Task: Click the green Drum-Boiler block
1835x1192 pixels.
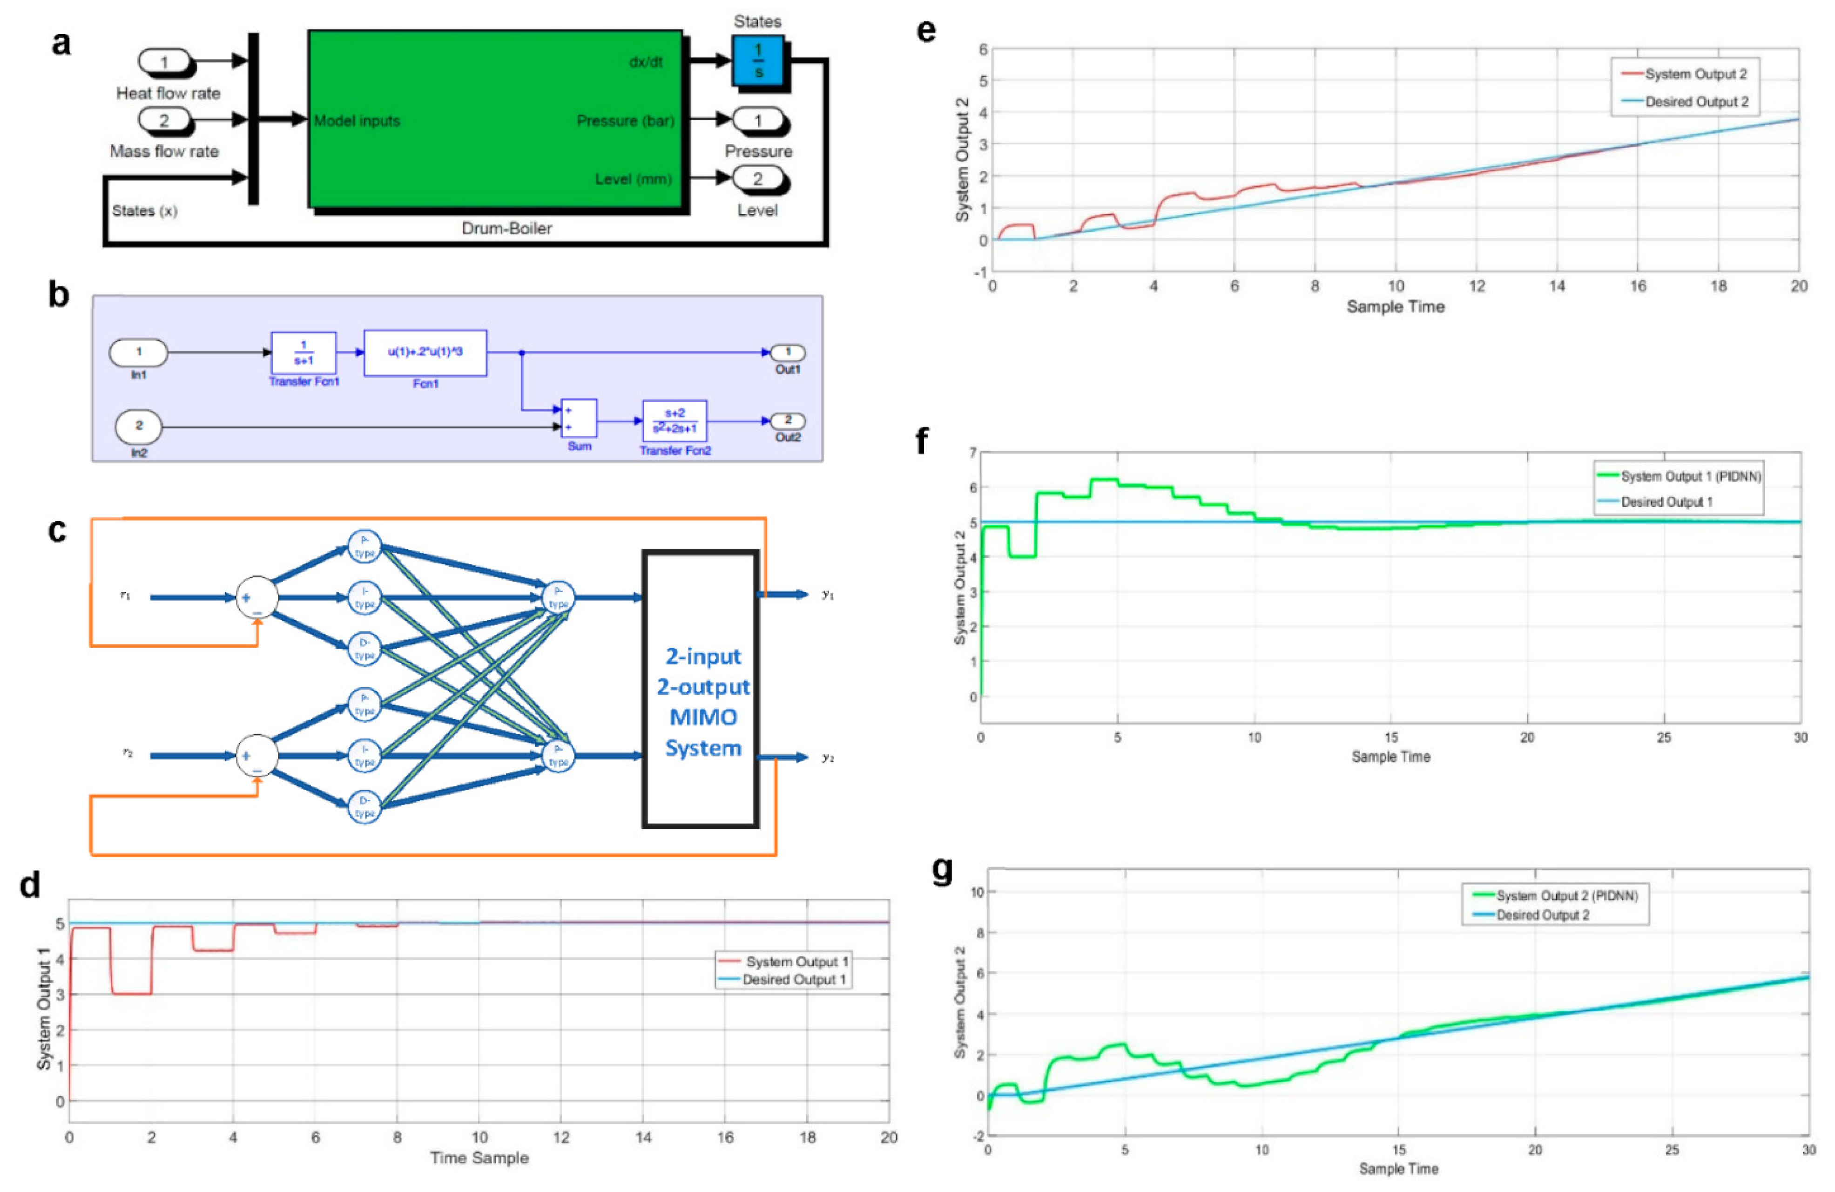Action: click(x=495, y=120)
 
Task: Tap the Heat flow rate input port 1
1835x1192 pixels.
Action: click(x=164, y=61)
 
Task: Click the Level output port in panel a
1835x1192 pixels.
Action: click(x=758, y=179)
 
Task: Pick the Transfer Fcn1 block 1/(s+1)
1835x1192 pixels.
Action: click(x=303, y=353)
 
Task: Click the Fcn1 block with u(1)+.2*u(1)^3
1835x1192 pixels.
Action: click(x=425, y=353)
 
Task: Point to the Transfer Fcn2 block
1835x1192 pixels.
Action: click(x=675, y=421)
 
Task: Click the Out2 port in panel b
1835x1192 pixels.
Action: click(x=788, y=421)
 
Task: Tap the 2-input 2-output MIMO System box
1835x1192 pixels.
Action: click(x=701, y=689)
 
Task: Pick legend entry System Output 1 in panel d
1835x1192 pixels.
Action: click(x=796, y=962)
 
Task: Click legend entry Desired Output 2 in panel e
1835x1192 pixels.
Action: click(x=1696, y=102)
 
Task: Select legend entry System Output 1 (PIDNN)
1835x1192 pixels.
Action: click(x=1690, y=476)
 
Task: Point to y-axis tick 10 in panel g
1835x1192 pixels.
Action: click(x=977, y=892)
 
